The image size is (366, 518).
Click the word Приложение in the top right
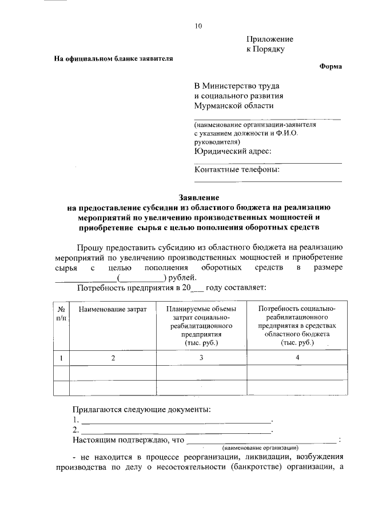(269, 39)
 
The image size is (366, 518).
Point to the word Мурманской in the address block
(218, 106)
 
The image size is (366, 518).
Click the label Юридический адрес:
(232, 151)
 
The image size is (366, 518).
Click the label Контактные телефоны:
(237, 169)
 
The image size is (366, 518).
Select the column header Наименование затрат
(113, 309)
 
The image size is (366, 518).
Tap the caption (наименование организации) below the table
(261, 447)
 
